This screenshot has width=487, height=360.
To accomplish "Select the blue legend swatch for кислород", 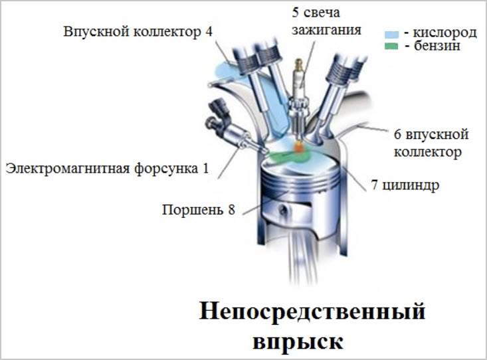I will coord(391,33).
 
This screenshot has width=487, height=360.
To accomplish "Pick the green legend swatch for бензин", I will coord(391,47).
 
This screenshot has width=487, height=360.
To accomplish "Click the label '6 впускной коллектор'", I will coord(431,143).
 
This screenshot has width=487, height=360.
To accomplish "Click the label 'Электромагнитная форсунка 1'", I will coord(106,169).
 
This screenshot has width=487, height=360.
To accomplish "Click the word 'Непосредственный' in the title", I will coord(312,313).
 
